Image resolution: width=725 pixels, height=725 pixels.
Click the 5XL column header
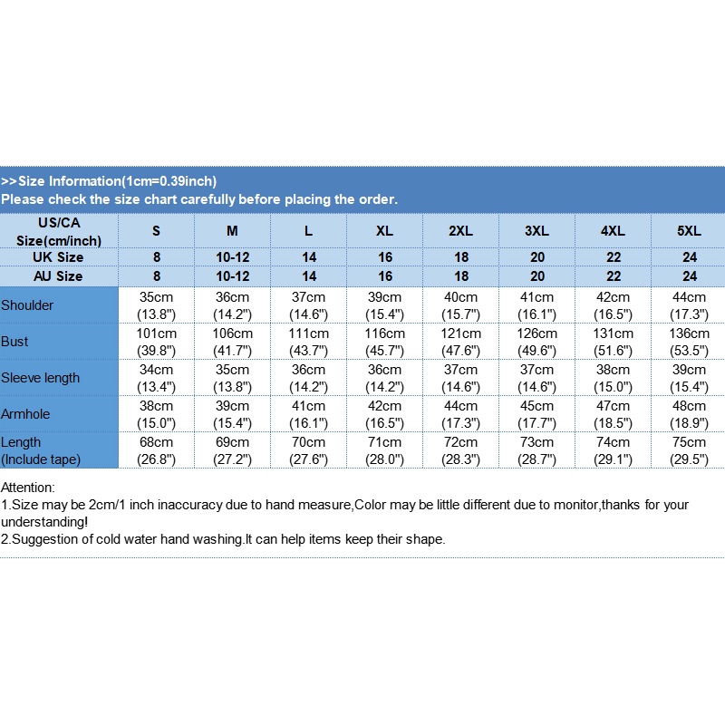(x=689, y=231)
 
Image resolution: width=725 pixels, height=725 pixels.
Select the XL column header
(x=384, y=231)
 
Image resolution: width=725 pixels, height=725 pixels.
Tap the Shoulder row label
(x=27, y=305)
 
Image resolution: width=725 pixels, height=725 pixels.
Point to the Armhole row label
(x=26, y=414)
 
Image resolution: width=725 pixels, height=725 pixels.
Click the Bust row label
(x=14, y=342)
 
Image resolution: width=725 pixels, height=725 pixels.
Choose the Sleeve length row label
(x=41, y=378)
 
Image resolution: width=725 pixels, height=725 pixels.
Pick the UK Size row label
(x=58, y=257)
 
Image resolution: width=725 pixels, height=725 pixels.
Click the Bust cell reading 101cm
(x=156, y=342)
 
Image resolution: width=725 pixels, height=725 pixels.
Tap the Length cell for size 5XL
(x=689, y=450)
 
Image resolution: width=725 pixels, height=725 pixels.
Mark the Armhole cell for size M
(x=232, y=414)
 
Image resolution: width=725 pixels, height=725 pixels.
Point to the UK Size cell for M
(x=232, y=257)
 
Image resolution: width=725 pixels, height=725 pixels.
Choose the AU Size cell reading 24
(x=689, y=276)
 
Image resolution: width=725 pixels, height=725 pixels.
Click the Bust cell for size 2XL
(x=460, y=342)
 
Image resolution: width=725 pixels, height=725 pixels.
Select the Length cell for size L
(x=308, y=450)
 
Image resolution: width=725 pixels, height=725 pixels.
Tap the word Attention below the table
(x=28, y=488)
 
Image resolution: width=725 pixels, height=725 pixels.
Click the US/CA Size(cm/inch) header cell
(x=58, y=231)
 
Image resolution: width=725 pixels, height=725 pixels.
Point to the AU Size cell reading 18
(x=460, y=276)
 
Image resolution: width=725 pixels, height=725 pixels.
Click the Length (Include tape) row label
(x=41, y=450)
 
